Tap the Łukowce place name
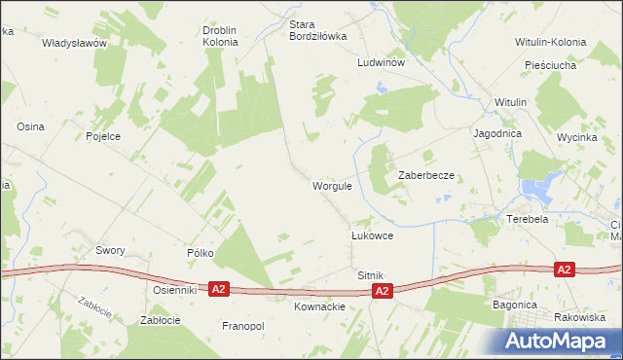click(371, 235)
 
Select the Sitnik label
click(370, 276)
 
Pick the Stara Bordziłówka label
click(317, 30)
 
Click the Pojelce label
click(102, 136)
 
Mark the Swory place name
click(110, 250)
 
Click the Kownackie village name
click(319, 306)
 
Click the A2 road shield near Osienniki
click(219, 289)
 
